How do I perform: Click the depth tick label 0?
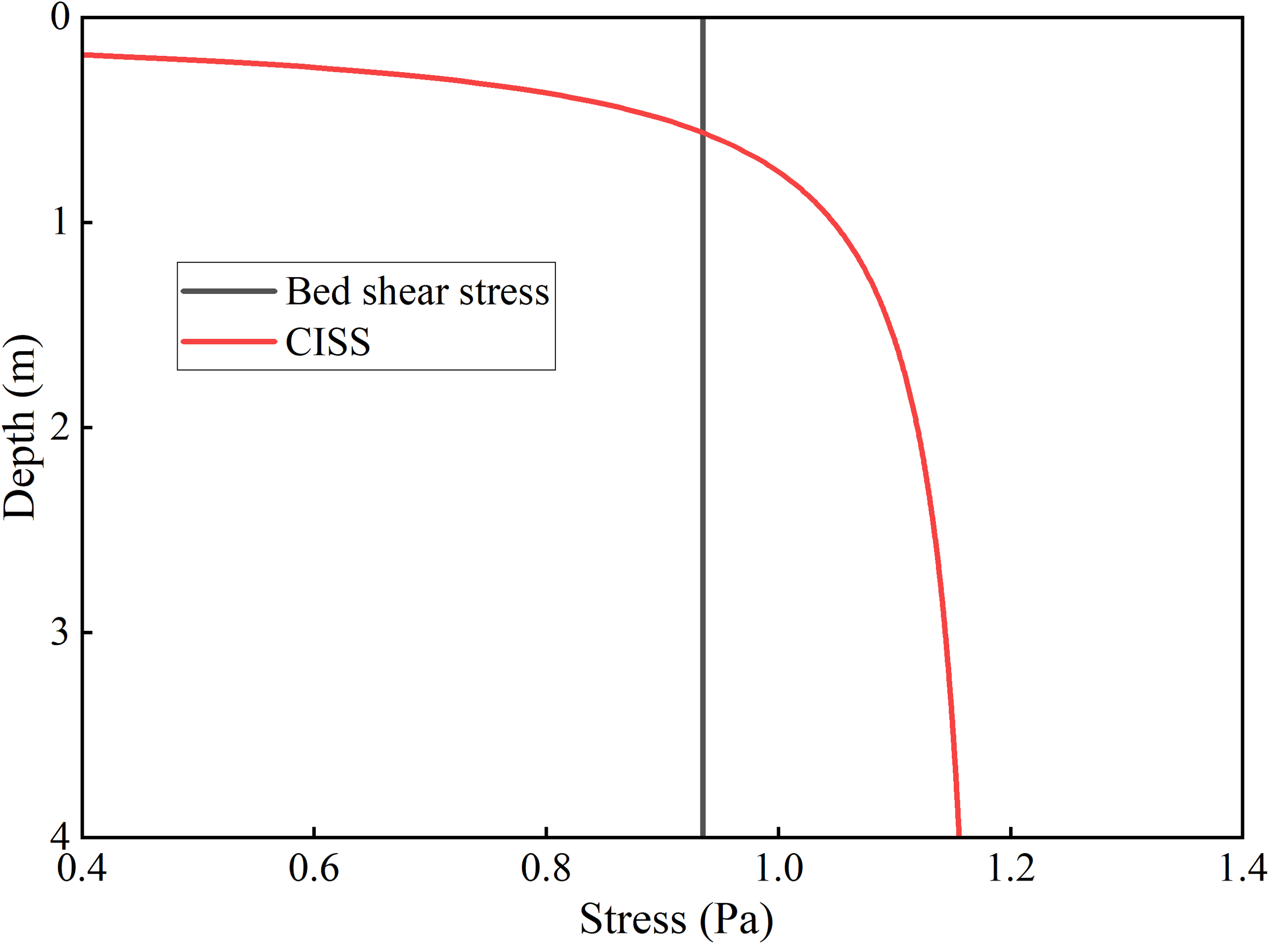pyautogui.click(x=60, y=17)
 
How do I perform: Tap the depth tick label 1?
pyautogui.click(x=60, y=222)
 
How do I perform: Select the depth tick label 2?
pyautogui.click(x=60, y=427)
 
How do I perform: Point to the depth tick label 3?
pyautogui.click(x=60, y=632)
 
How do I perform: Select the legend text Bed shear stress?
pyautogui.click(x=417, y=291)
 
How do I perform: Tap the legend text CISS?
pyautogui.click(x=328, y=342)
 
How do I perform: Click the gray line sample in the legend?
pyautogui.click(x=228, y=291)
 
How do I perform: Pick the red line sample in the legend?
pyautogui.click(x=228, y=342)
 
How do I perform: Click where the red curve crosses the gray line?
pyautogui.click(x=702, y=133)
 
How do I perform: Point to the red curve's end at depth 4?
pyautogui.click(x=958, y=834)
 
